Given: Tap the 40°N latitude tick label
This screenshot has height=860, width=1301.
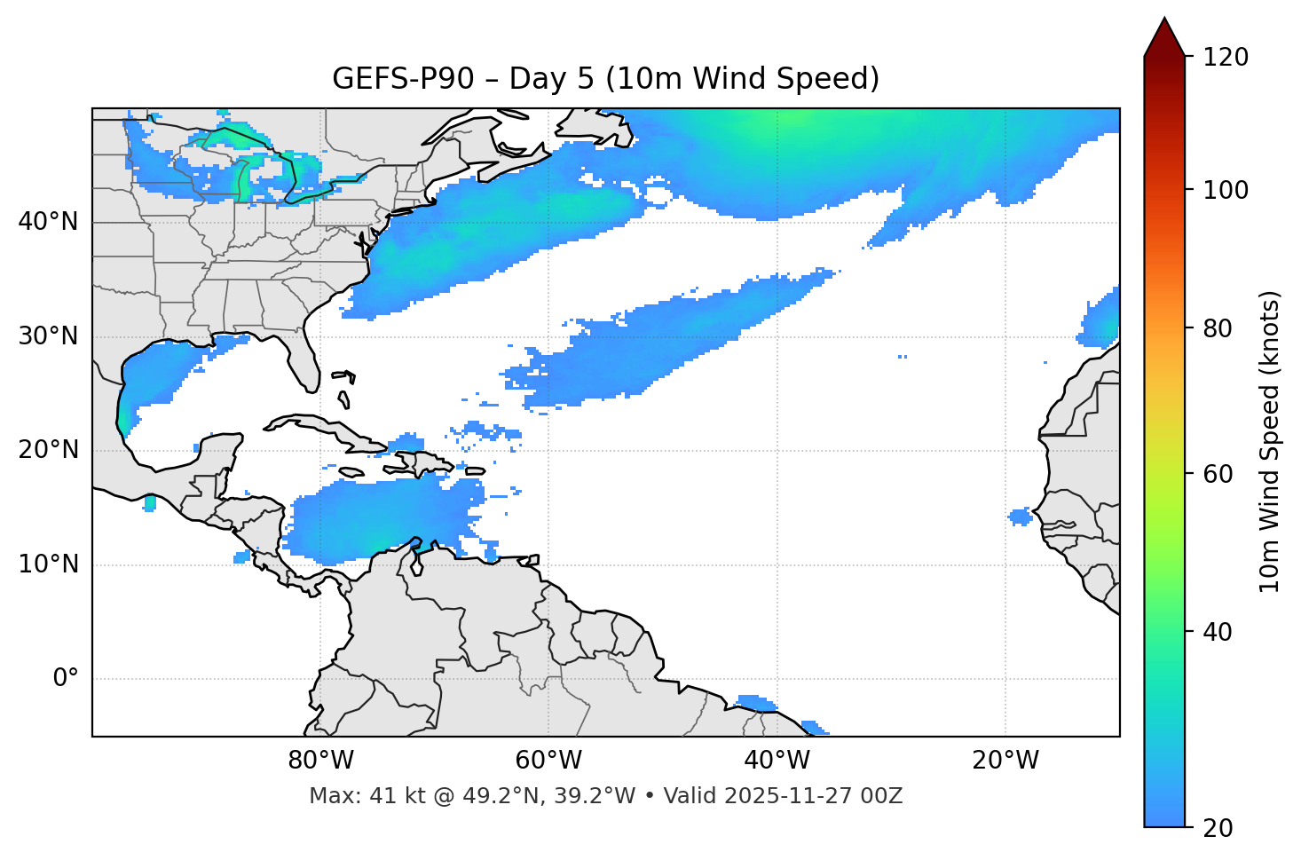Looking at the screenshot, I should (x=48, y=222).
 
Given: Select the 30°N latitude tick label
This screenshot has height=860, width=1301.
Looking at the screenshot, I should (x=48, y=336).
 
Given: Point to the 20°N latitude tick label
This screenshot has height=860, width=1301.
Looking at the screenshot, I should (x=48, y=450).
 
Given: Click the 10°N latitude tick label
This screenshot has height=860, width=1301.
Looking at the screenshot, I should (x=48, y=564).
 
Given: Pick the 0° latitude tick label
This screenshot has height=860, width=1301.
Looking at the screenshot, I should (x=65, y=679).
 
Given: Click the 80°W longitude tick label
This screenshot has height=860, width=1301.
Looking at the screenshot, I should (x=320, y=761).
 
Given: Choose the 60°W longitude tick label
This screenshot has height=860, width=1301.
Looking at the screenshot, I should (x=548, y=761).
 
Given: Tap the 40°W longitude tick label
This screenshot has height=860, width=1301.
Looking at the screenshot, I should (x=777, y=761).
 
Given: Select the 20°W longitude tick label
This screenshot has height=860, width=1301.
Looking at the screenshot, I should (x=1005, y=761).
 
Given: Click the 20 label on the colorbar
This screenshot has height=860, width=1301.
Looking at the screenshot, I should (x=1218, y=828).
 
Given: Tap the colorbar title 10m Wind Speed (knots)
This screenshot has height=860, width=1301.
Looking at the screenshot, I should (x=1270, y=442).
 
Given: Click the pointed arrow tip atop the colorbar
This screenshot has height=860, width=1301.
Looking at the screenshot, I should (x=1164, y=21).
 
